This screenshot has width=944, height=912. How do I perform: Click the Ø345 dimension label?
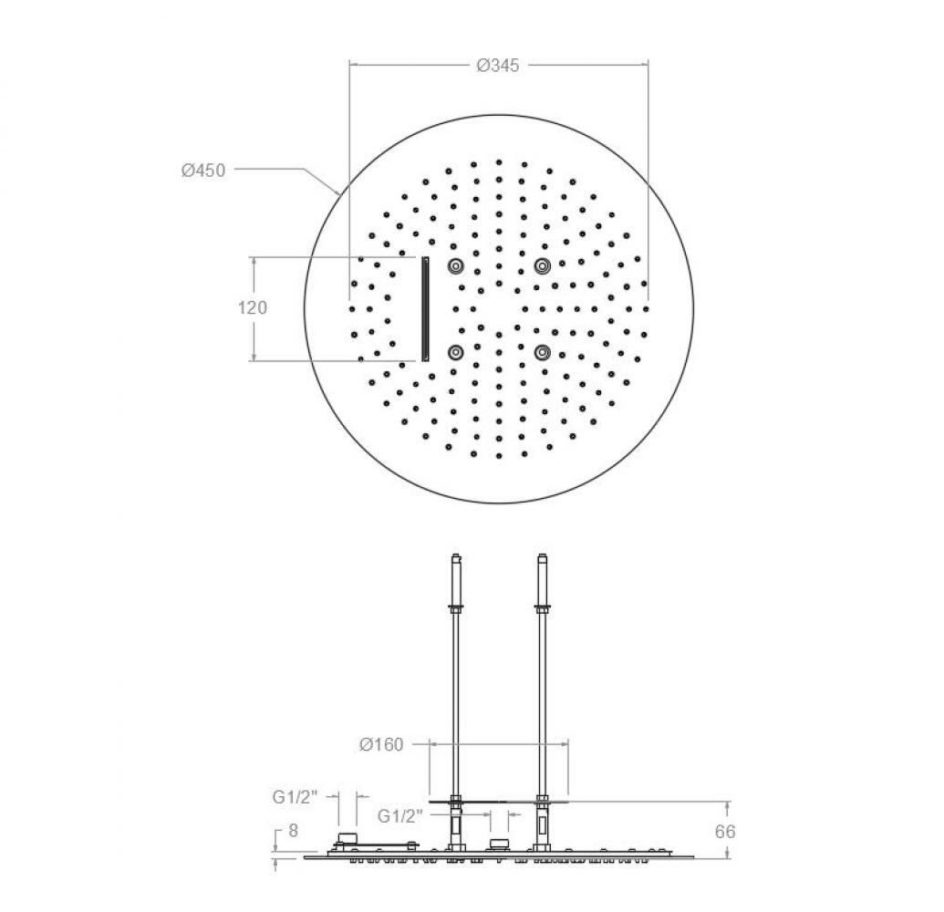point(498,65)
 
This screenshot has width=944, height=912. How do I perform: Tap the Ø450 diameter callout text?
point(203,171)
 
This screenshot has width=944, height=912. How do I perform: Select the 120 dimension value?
point(253,307)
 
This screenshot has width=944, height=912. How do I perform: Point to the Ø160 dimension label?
point(381,745)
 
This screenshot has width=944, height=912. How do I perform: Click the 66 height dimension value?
point(725,832)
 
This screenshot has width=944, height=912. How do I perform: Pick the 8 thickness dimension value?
point(293,831)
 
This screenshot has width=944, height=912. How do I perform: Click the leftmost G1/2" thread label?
point(295,798)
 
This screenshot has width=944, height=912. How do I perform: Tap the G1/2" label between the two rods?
point(400,816)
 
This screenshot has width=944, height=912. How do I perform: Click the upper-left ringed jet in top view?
point(455,265)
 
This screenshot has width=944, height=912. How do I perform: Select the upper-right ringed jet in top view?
point(543,265)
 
